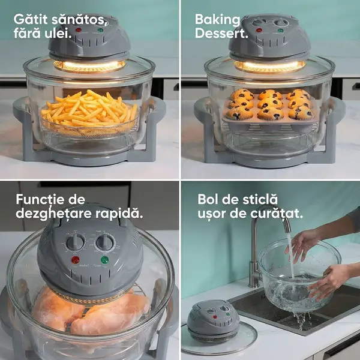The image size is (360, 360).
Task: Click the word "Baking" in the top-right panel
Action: coord(217,20)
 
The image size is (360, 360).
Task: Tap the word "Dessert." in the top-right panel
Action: coord(221,33)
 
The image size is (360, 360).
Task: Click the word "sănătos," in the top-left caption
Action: coord(79,20)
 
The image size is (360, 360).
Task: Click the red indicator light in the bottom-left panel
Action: coord(76,260)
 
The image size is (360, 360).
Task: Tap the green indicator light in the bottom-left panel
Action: coord(104,260)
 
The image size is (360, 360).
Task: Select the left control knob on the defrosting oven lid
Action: coord(75,242)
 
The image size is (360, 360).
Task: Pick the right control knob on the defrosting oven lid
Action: coord(105,242)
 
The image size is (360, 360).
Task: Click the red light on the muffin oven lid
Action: coord(259,30)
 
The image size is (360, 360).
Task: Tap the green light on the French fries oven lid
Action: coord(100,30)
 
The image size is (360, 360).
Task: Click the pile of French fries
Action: coord(89,109)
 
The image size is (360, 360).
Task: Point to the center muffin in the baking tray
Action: coord(270,103)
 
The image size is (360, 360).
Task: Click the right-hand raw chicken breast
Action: coord(110,314)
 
